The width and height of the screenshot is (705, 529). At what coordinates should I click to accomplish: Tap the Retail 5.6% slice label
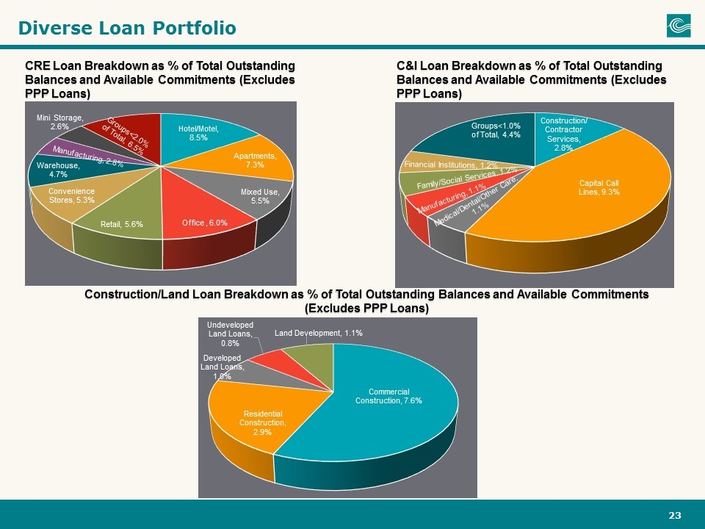(122, 224)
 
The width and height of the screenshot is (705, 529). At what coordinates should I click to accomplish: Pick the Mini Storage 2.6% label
(59, 123)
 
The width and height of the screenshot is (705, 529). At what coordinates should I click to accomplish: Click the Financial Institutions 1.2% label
(450, 165)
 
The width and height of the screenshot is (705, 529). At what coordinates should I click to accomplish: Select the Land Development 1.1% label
(318, 333)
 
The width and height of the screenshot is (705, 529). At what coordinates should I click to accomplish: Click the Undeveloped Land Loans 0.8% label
(230, 334)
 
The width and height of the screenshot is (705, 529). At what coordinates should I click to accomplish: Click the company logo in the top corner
(679, 25)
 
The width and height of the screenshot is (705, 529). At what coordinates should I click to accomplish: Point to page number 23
(675, 516)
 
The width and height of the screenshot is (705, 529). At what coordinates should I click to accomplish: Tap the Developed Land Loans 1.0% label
(222, 367)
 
